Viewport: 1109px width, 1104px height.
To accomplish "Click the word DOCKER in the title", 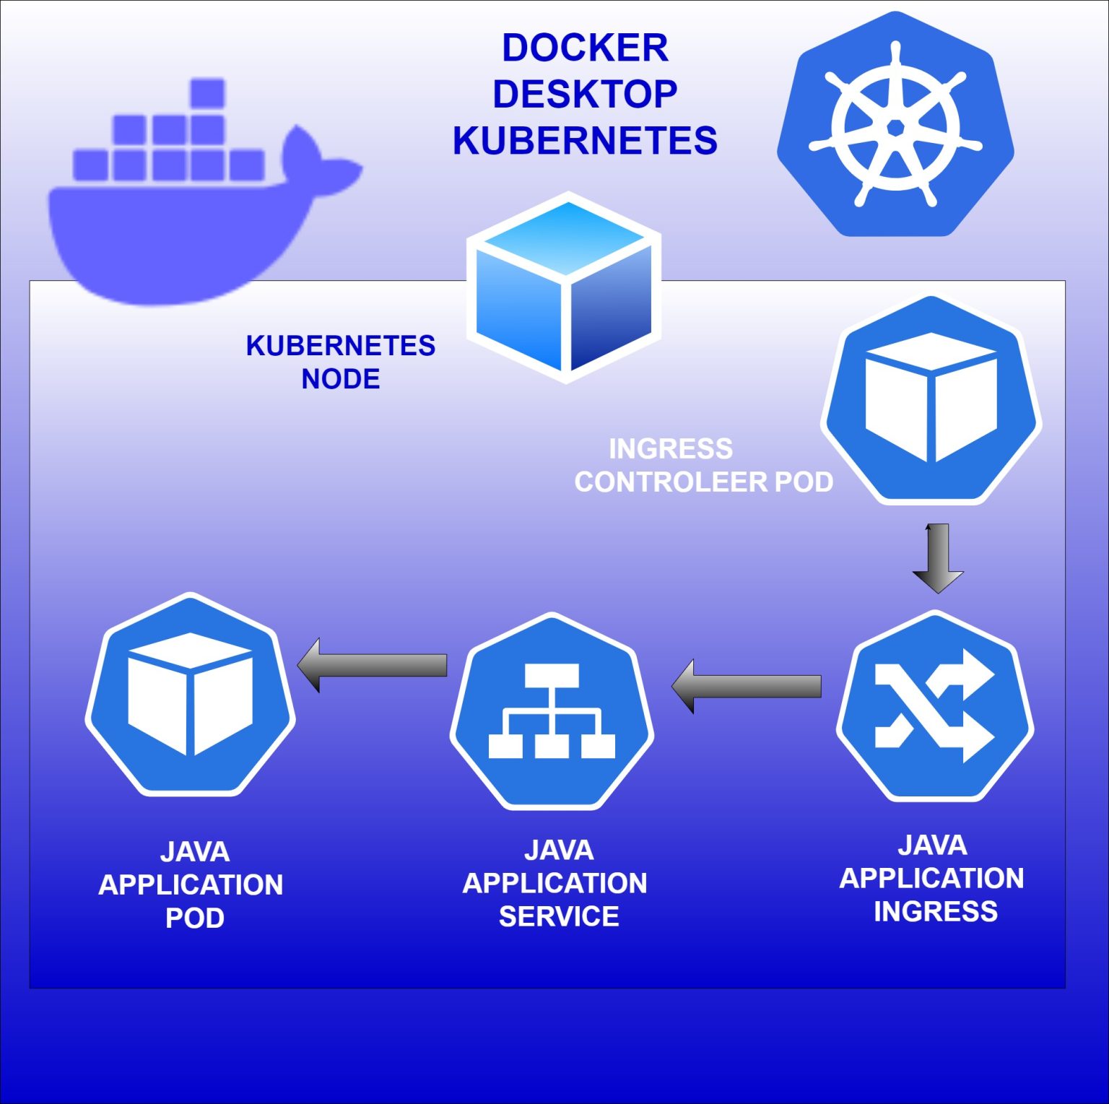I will pyautogui.click(x=585, y=48).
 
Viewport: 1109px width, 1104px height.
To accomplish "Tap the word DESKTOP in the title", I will pyautogui.click(x=585, y=95).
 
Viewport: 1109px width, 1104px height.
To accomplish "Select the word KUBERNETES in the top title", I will pyautogui.click(x=585, y=141).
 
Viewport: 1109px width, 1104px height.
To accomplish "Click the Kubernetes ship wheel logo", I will pyautogui.click(x=895, y=126).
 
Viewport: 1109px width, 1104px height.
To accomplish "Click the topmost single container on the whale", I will pyautogui.click(x=207, y=93).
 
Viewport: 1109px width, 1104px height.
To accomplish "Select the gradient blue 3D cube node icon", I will pyautogui.click(x=565, y=287).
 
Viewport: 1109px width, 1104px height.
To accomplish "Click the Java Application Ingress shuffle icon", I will pyautogui.click(x=935, y=706).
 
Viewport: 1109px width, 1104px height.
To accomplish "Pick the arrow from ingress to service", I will pyautogui.click(x=747, y=686).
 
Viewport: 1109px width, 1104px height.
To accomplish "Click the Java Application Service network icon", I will pyautogui.click(x=552, y=711).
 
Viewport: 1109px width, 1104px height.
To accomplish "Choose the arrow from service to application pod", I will pyautogui.click(x=373, y=665).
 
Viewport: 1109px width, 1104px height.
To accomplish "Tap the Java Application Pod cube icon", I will pyautogui.click(x=190, y=694).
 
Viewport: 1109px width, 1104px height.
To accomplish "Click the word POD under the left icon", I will pyautogui.click(x=194, y=918).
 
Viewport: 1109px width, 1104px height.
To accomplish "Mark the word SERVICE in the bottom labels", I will pyautogui.click(x=558, y=917).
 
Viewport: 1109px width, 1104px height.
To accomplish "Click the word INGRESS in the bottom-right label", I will pyautogui.click(x=935, y=912).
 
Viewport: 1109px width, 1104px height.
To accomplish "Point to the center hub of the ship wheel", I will pyautogui.click(x=895, y=128).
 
